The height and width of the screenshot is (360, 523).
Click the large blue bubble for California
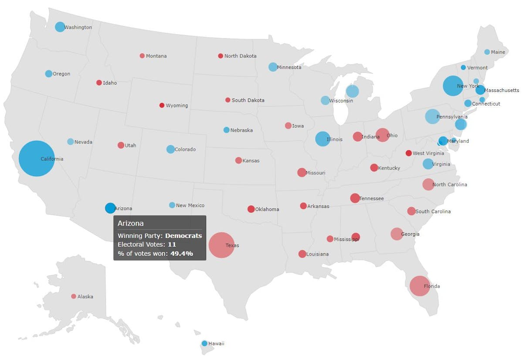click(x=37, y=159)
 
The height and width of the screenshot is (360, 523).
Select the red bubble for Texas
click(x=221, y=245)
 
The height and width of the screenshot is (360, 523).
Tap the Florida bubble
click(x=420, y=286)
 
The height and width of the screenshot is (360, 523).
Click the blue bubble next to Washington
click(x=60, y=27)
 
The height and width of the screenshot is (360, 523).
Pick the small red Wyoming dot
click(x=162, y=105)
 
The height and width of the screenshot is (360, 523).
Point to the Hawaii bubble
click(x=204, y=343)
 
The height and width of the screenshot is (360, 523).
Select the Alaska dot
click(x=74, y=296)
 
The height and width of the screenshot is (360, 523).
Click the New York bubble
click(x=453, y=86)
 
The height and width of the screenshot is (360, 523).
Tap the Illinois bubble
click(x=323, y=139)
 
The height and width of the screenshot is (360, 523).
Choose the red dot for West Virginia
click(x=408, y=153)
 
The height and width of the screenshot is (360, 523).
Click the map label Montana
click(x=156, y=56)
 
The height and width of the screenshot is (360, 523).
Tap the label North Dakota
click(x=240, y=56)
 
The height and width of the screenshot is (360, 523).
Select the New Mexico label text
click(x=190, y=205)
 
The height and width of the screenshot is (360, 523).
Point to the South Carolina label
click(x=433, y=211)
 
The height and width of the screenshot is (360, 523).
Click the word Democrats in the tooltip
click(x=183, y=236)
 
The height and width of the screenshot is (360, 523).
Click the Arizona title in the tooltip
click(x=130, y=223)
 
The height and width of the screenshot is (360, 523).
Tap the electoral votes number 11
click(x=172, y=245)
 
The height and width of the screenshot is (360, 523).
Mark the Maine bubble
click(x=487, y=52)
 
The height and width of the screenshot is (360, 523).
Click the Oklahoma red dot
click(x=251, y=209)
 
